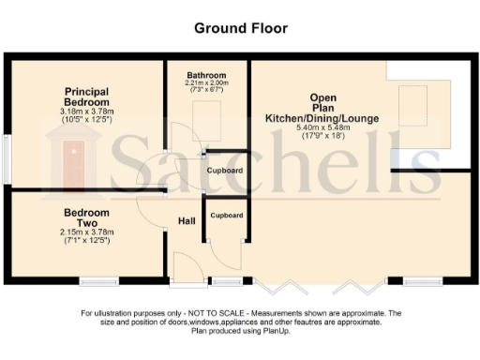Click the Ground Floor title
[239, 28]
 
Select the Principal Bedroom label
[86, 97]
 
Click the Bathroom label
[205, 75]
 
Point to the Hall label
[187, 221]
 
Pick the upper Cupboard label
[226, 171]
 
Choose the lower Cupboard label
[226, 216]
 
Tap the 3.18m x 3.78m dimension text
[86, 112]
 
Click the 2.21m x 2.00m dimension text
[205, 83]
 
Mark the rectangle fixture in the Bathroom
[207, 114]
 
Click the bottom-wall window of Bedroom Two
[97, 280]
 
